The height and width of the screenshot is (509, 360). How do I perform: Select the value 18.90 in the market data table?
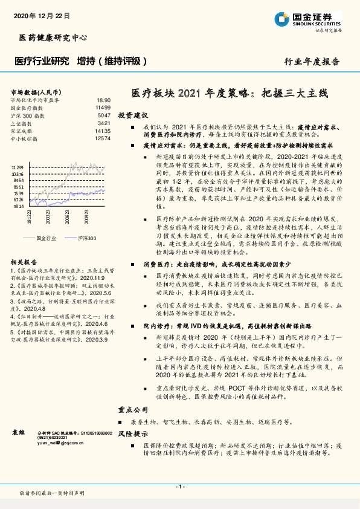point(103,100)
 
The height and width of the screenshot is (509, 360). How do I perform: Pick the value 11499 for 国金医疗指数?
point(103,108)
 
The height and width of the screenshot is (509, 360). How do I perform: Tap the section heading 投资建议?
point(132,114)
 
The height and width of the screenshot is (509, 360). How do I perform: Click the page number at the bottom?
point(179,486)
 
